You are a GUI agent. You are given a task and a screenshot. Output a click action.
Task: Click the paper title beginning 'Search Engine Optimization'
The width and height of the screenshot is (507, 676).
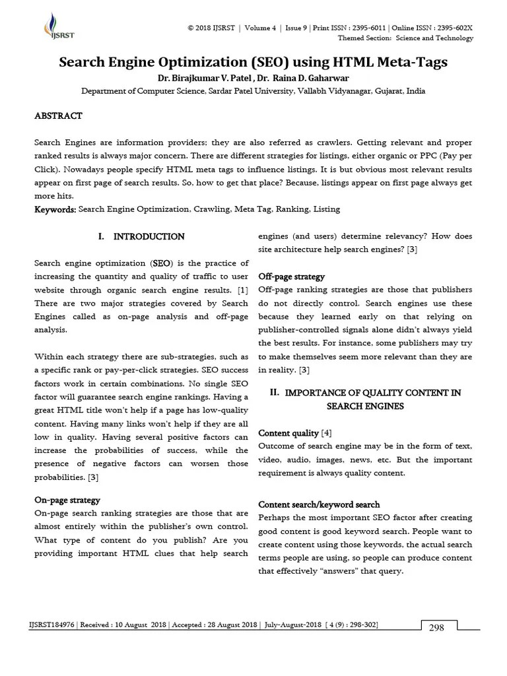[x=253, y=63]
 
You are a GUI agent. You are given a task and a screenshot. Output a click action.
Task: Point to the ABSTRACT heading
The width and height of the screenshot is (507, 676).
[x=58, y=116]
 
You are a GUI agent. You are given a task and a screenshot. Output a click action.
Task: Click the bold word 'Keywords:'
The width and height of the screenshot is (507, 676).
[x=55, y=209]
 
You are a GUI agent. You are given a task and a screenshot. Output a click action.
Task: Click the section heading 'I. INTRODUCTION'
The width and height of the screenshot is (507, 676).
[x=141, y=236]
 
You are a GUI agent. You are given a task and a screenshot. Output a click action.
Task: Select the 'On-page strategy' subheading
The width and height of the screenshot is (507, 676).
[x=67, y=500]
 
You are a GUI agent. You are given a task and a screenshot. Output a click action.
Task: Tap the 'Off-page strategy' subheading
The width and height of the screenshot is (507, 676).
[x=291, y=277]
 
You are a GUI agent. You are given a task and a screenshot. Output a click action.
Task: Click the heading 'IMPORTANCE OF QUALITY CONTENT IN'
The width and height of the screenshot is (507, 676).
[x=373, y=393]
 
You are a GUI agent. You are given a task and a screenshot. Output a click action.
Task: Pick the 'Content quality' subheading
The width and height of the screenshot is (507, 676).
[x=288, y=433]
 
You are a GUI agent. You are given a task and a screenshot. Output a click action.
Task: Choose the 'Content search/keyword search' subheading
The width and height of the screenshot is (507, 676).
[x=319, y=504]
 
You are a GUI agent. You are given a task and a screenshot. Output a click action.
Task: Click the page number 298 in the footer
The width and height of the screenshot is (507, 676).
[x=436, y=628]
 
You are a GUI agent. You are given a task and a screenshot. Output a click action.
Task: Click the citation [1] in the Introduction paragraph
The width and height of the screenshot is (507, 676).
[x=242, y=290]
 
